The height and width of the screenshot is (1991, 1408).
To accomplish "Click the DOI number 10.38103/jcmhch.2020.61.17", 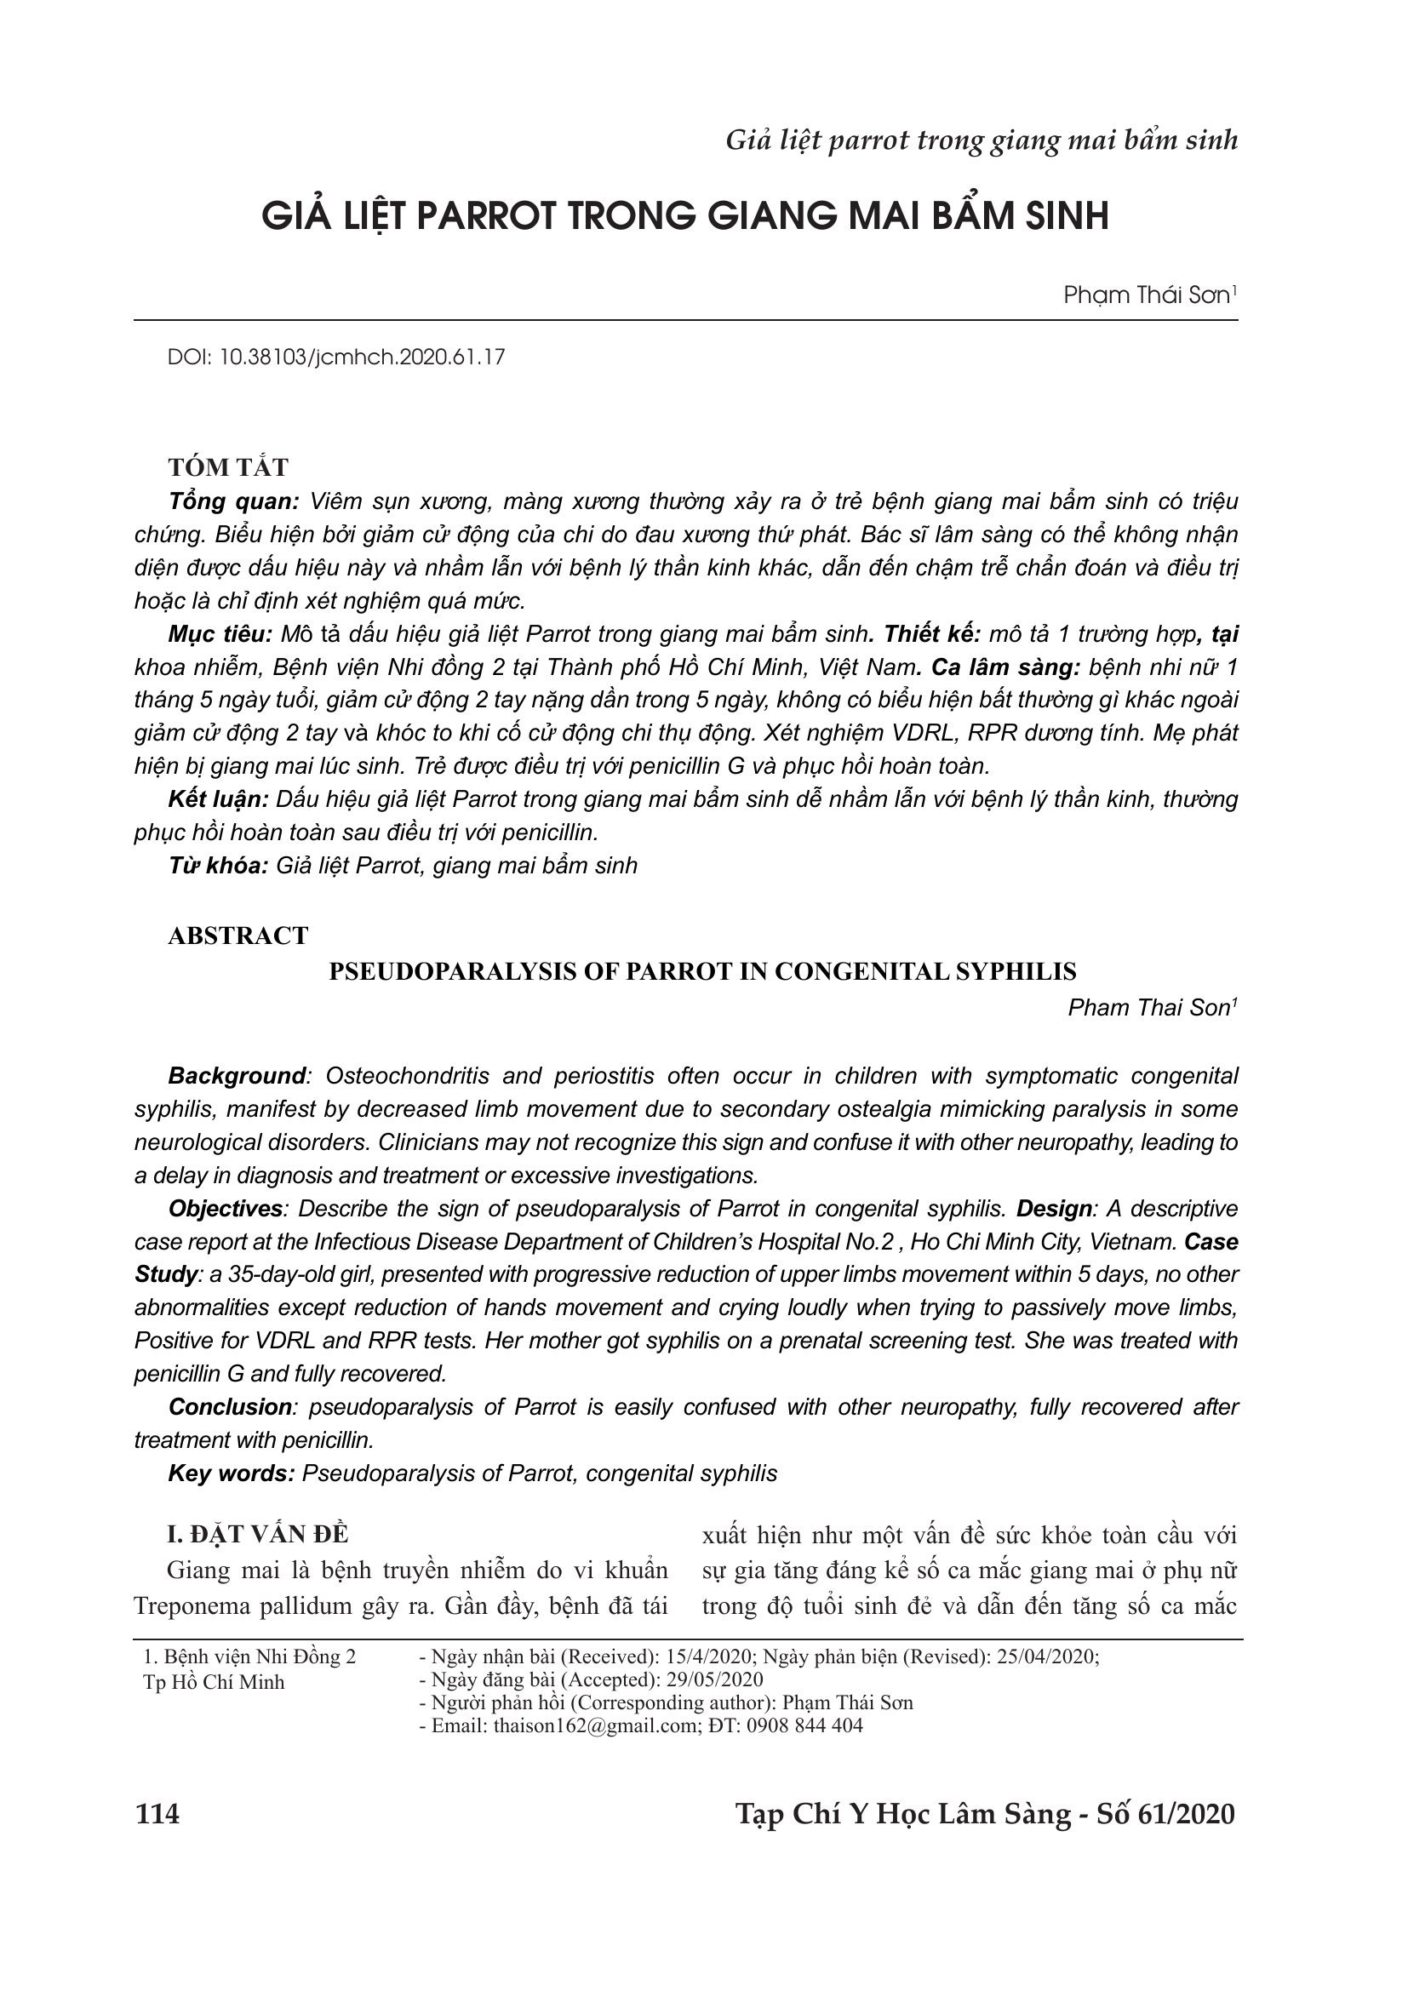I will click(x=363, y=358).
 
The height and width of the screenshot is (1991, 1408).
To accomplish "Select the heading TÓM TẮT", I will click(x=228, y=467).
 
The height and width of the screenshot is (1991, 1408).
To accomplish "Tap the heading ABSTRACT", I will click(x=238, y=935).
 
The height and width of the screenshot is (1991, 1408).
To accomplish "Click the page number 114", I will click(x=157, y=1813).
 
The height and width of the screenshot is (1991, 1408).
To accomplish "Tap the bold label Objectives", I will click(x=226, y=1209).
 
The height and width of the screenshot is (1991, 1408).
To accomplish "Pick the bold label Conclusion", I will click(x=230, y=1406).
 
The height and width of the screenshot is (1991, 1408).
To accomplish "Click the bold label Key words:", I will click(x=232, y=1473).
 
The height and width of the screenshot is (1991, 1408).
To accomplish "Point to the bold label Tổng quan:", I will click(x=233, y=501).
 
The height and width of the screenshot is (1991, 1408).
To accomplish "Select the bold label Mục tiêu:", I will click(x=220, y=634).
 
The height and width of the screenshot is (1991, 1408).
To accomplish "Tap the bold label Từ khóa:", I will click(x=218, y=866).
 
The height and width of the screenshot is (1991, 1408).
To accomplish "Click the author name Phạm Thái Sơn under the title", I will click(x=1146, y=295).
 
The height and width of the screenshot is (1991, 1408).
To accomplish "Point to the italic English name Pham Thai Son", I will click(x=1148, y=1008).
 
